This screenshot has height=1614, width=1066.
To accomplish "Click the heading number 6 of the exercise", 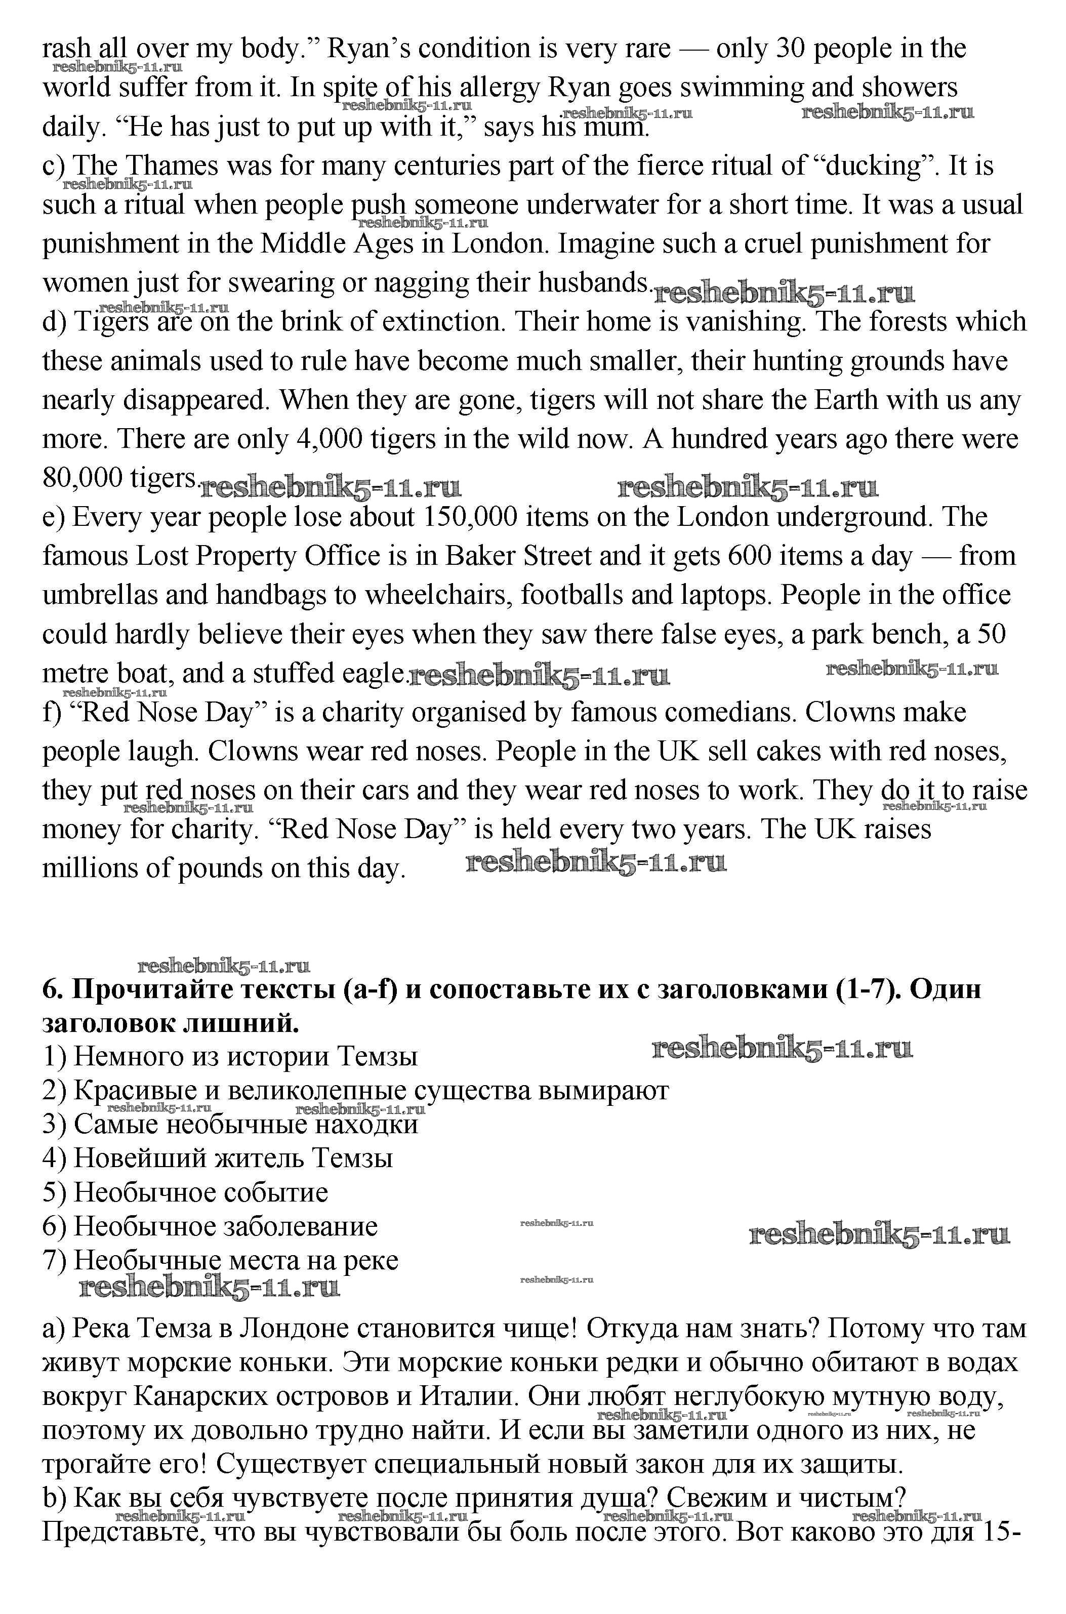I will pos(52,989).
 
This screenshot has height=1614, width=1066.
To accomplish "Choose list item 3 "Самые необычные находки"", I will pos(230,1124).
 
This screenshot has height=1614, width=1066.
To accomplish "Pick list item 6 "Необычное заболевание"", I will pos(210,1226).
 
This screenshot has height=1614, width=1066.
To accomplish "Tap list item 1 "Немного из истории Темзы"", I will pos(230,1056).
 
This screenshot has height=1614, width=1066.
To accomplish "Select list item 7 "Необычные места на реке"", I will pos(220,1260).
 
